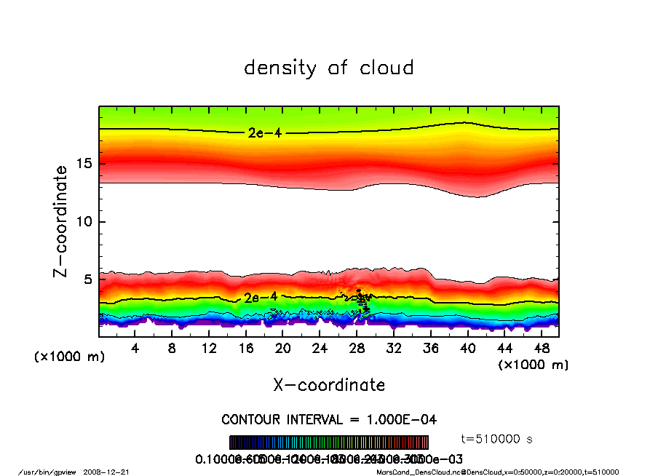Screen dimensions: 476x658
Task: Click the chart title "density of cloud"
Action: coord(328,68)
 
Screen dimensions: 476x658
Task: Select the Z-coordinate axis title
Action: coord(61,221)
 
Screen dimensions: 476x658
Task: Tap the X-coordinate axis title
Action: coord(329,384)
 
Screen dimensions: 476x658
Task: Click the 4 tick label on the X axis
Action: coord(135,349)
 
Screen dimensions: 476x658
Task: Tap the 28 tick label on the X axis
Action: coord(357,349)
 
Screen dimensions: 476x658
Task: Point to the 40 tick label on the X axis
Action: coord(467,349)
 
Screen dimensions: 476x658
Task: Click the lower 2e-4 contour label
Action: coord(261,297)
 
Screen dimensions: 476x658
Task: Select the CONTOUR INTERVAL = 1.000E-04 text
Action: coord(329,420)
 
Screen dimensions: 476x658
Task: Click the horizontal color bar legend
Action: coord(329,443)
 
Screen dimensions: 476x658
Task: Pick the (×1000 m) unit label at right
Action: coord(532,365)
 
